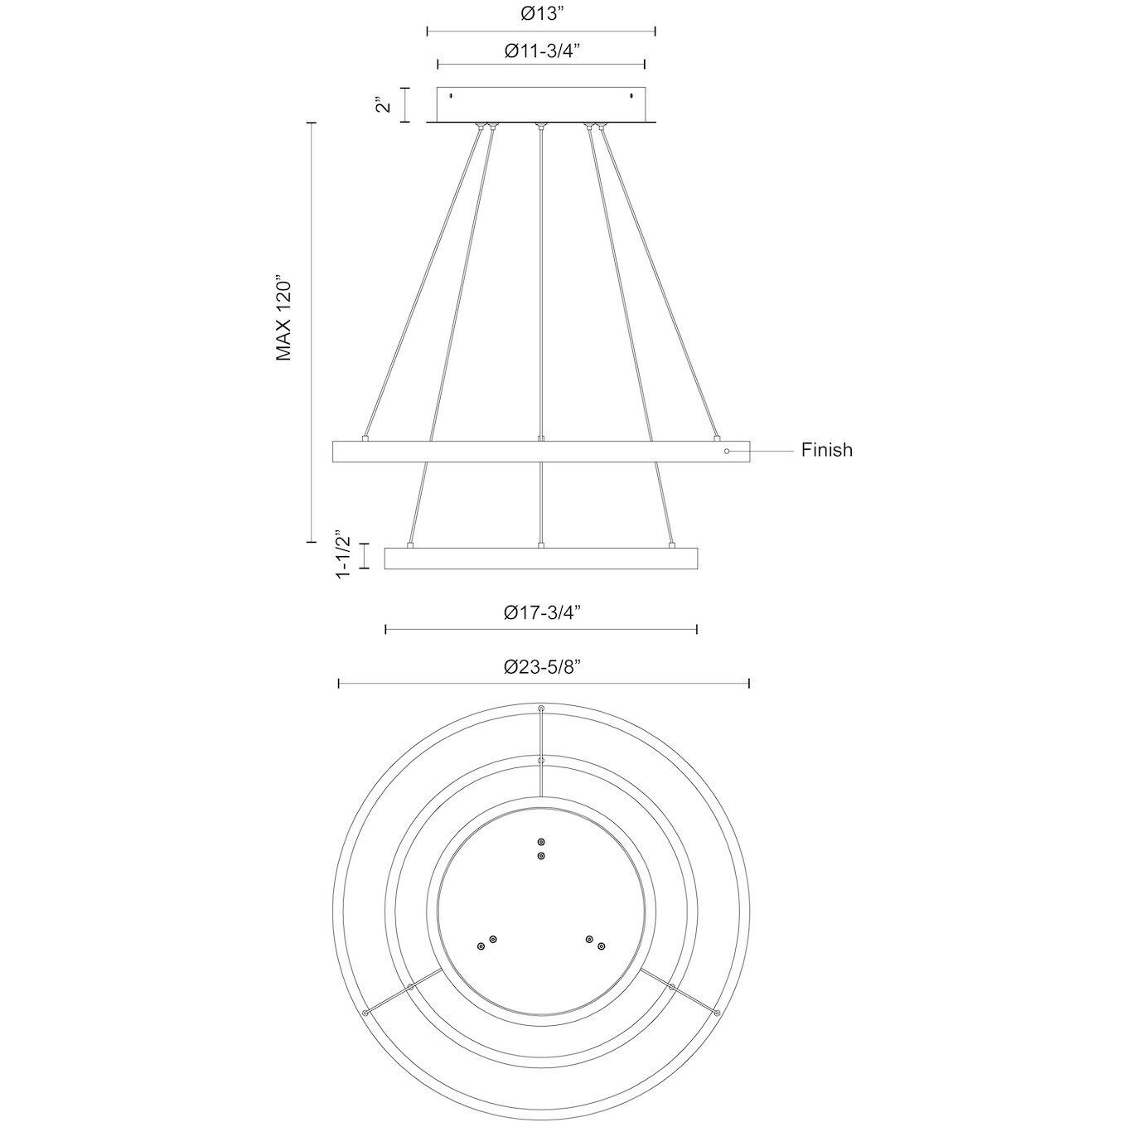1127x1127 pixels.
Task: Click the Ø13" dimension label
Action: pyautogui.click(x=541, y=13)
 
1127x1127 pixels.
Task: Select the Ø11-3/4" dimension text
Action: pyautogui.click(x=541, y=51)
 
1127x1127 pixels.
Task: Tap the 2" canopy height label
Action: pyautogui.click(x=383, y=105)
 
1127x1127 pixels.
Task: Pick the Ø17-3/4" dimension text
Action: pyautogui.click(x=541, y=612)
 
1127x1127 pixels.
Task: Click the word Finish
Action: pyautogui.click(x=826, y=450)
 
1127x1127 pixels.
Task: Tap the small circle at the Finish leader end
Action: pyautogui.click(x=727, y=451)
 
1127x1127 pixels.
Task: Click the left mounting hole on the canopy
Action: pyautogui.click(x=451, y=96)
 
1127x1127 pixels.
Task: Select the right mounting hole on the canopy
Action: pyautogui.click(x=631, y=96)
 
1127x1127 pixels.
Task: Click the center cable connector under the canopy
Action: pyautogui.click(x=541, y=126)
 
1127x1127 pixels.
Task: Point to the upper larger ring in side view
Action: pyautogui.click(x=541, y=452)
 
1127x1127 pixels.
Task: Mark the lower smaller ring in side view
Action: pyautogui.click(x=541, y=559)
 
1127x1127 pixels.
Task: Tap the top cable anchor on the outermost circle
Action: pyautogui.click(x=541, y=709)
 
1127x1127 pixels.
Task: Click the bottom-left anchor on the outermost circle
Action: pyautogui.click(x=365, y=1013)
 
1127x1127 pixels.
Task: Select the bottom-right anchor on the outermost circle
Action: pyautogui.click(x=718, y=1013)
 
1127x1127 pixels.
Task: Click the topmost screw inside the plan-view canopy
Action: pyautogui.click(x=541, y=841)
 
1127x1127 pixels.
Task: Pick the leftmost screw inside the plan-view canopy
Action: pyautogui.click(x=481, y=946)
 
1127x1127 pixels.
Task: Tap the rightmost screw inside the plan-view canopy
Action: pyautogui.click(x=602, y=946)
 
